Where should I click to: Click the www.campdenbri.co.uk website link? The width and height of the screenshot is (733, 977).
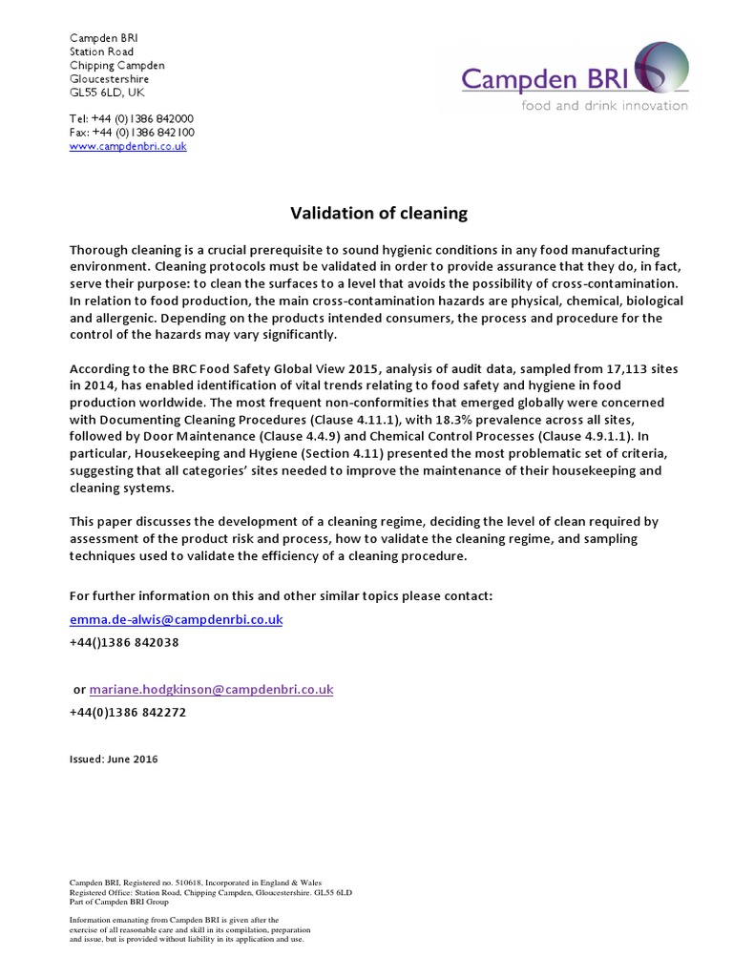coord(128,147)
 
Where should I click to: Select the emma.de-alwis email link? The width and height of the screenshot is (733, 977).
coord(177,619)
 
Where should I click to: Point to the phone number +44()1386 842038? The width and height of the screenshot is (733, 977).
coord(124,643)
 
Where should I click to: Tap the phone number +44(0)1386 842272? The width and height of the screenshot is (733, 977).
coord(128,713)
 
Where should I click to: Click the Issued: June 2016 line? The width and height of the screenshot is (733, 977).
coord(114,759)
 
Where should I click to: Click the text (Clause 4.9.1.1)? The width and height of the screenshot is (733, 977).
coord(589,436)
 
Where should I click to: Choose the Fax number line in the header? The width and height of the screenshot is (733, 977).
coord(132,133)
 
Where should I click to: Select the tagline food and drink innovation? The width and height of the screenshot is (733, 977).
coord(603,105)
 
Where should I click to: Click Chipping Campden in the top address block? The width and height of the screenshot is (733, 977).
coord(116,65)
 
